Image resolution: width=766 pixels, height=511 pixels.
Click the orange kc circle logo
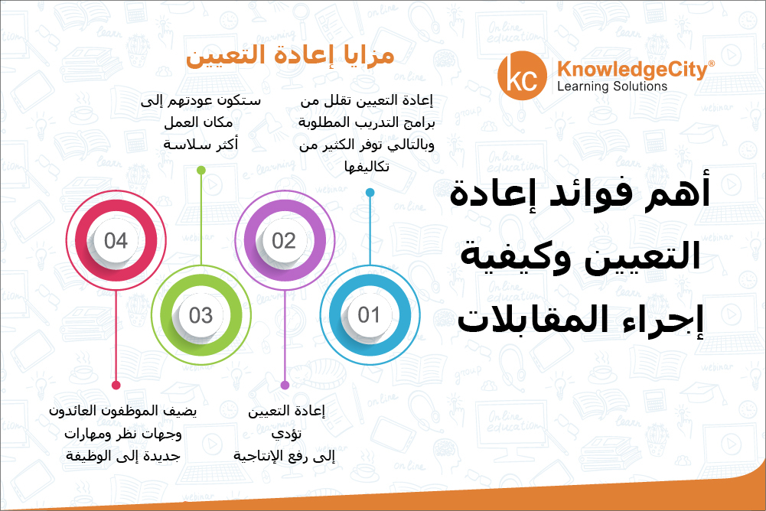(x=522, y=76)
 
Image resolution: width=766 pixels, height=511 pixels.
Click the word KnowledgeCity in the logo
(x=632, y=70)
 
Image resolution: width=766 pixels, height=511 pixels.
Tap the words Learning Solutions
(x=612, y=86)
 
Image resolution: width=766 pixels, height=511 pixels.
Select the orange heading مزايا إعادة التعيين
(x=290, y=55)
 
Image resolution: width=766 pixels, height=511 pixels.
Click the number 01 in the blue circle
(x=369, y=315)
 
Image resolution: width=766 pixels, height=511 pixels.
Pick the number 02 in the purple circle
(x=284, y=241)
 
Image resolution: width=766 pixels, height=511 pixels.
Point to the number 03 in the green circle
(x=200, y=316)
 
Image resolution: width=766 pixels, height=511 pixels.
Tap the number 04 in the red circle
(x=116, y=241)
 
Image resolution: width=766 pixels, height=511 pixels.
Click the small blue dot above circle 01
(x=370, y=193)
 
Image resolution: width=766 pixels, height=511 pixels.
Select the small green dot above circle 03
(x=200, y=170)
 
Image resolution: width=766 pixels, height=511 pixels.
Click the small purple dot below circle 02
(x=285, y=385)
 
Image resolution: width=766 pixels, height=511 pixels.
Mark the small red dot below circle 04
(x=116, y=385)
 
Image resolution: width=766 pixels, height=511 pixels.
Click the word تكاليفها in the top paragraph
(x=367, y=167)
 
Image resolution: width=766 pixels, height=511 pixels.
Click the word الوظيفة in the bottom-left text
(x=87, y=456)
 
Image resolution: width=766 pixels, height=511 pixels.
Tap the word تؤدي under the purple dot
(x=286, y=434)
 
